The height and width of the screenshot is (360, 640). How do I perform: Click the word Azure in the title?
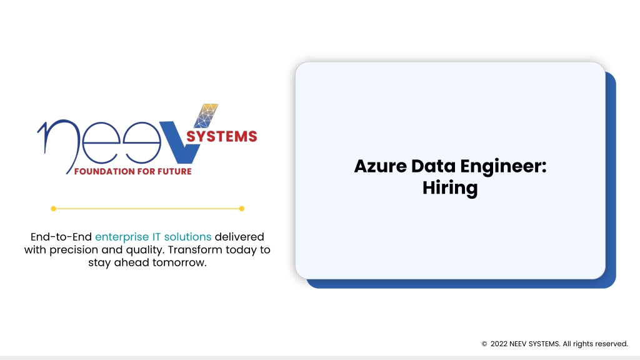coord(381,166)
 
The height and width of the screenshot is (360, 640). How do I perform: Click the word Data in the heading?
coord(433,166)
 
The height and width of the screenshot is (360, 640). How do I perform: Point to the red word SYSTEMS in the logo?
coord(222,136)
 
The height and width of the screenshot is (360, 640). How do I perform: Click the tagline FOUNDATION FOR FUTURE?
coord(132,171)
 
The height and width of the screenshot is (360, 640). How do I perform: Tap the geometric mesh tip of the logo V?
coord(206,116)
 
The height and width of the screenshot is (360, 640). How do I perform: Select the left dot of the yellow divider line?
coord(54,209)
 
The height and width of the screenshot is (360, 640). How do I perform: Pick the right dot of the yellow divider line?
coord(242,209)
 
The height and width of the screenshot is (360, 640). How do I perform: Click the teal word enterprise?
coord(122,237)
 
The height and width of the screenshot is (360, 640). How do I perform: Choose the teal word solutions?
coord(187,237)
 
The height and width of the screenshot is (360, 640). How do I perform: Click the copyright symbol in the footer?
coord(484,344)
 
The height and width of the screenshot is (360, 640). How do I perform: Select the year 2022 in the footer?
coord(499,344)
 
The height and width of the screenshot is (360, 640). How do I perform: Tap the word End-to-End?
coord(61,237)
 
